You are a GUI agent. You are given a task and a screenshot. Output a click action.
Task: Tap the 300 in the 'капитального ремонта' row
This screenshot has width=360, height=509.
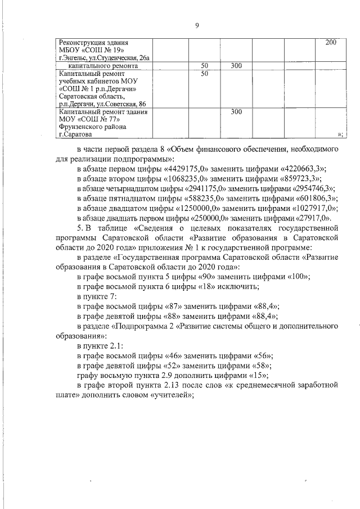tap(236, 66)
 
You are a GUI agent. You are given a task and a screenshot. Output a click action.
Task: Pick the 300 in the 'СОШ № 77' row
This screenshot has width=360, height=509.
tap(236, 112)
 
